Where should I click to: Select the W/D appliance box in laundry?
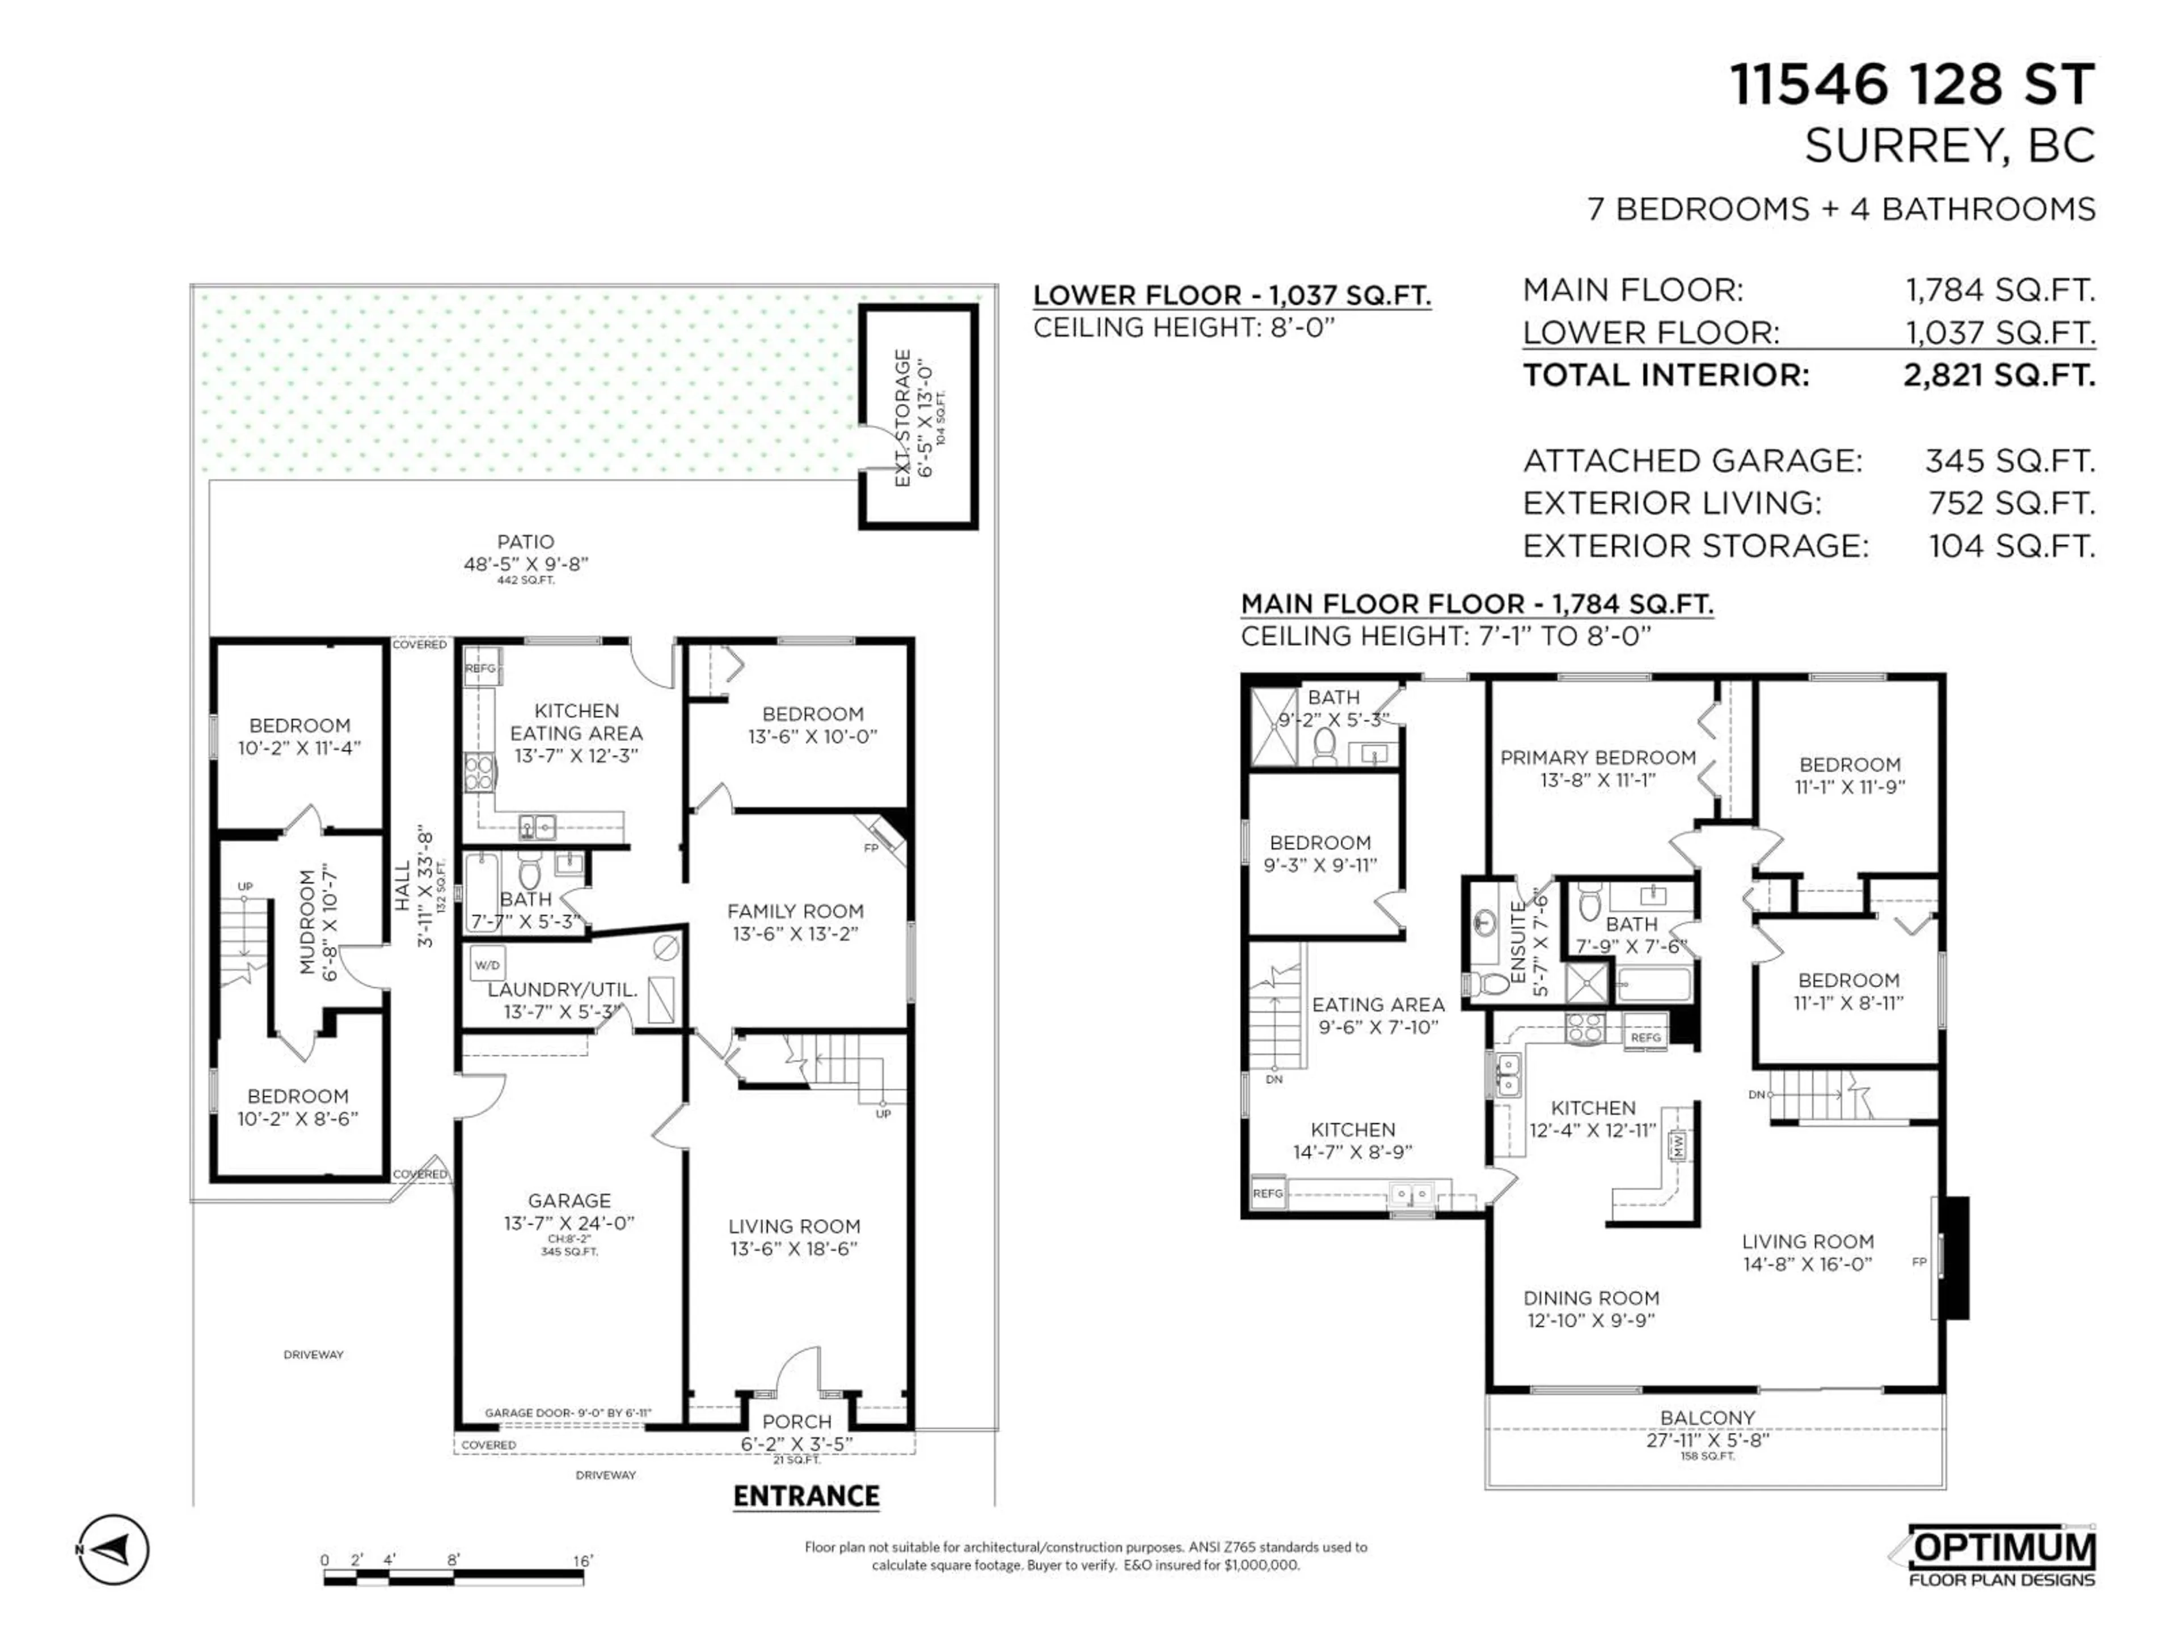(x=487, y=964)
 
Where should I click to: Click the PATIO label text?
(x=526, y=541)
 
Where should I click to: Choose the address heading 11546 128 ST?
(x=1912, y=84)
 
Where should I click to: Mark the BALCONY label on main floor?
(x=1707, y=1418)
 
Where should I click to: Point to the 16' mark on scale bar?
(x=583, y=1561)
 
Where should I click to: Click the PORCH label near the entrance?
(x=796, y=1422)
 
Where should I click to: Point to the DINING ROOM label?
(x=1591, y=1297)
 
